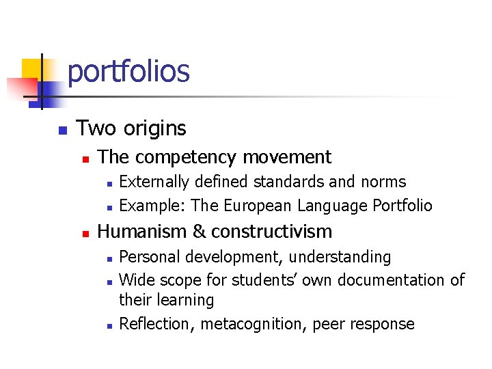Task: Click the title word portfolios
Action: pos(128,72)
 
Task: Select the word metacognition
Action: pos(254,324)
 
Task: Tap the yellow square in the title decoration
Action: pos(32,70)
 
